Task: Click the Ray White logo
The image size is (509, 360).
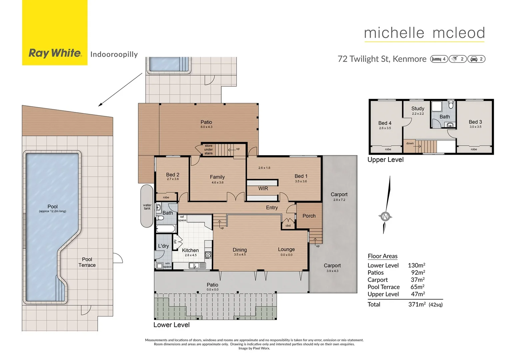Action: pyautogui.click(x=55, y=53)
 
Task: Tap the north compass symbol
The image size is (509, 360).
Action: pyautogui.click(x=385, y=217)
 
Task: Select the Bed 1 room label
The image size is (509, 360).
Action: pyautogui.click(x=301, y=176)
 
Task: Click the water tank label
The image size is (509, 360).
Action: pyautogui.click(x=147, y=207)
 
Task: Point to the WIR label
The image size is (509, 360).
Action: pyautogui.click(x=263, y=189)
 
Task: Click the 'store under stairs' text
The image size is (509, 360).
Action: pyautogui.click(x=209, y=150)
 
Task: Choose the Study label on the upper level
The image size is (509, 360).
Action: pyautogui.click(x=418, y=109)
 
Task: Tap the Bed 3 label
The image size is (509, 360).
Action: pyautogui.click(x=475, y=122)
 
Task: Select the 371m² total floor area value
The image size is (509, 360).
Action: pyautogui.click(x=417, y=304)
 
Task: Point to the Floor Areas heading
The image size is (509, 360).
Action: pyautogui.click(x=382, y=256)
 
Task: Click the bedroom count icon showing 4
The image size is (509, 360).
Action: pyautogui.click(x=439, y=59)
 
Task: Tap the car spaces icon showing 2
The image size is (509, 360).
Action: pyautogui.click(x=476, y=59)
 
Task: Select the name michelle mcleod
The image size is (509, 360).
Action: pyautogui.click(x=424, y=33)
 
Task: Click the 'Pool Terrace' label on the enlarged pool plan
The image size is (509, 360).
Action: pyautogui.click(x=87, y=262)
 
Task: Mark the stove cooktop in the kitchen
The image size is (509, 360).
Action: pyautogui.click(x=208, y=255)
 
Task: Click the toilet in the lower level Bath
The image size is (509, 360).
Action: pyautogui.click(x=160, y=218)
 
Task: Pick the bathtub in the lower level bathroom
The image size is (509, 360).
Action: pyautogui.click(x=166, y=229)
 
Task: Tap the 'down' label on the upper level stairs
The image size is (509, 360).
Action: pyautogui.click(x=410, y=143)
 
